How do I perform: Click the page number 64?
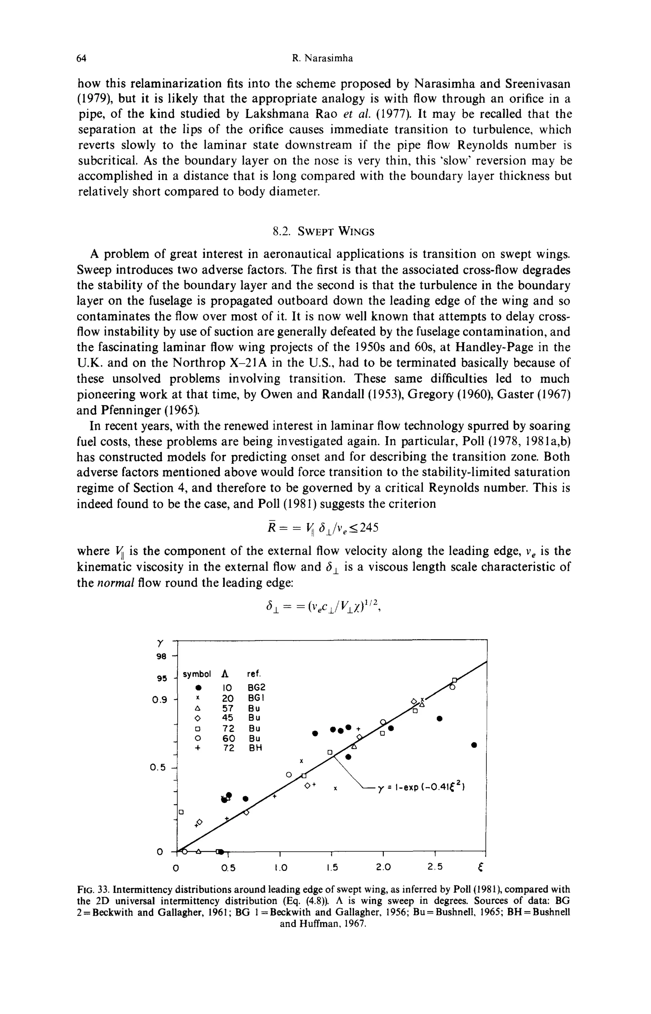point(82,58)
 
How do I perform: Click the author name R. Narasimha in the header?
point(323,58)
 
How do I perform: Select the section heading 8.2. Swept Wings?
point(323,232)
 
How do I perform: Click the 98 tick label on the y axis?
point(161,656)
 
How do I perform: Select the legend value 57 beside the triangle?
point(228,708)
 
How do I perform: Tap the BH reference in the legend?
point(255,748)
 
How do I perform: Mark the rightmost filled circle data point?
point(474,745)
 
